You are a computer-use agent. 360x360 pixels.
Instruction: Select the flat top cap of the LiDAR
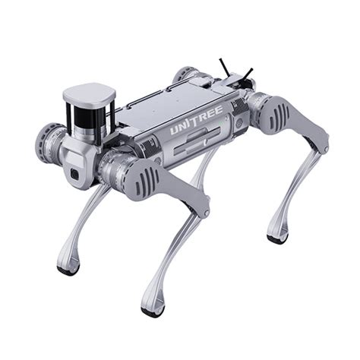click(x=88, y=94)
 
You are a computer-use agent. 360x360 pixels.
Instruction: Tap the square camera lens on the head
click(x=74, y=175)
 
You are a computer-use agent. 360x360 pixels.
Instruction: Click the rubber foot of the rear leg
click(x=277, y=238)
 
